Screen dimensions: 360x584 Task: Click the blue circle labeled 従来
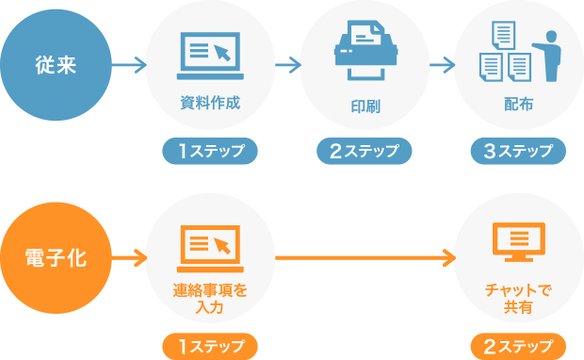[x=56, y=65]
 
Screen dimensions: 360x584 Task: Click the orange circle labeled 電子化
[x=56, y=256]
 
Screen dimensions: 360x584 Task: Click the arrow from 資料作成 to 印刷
[x=287, y=65]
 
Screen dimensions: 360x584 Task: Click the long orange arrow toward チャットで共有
[x=363, y=256]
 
